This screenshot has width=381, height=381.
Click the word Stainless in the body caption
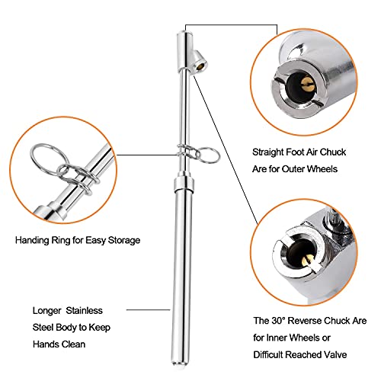click(x=85, y=310)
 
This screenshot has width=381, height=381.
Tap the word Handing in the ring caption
click(x=32, y=240)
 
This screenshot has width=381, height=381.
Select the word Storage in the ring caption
click(x=124, y=240)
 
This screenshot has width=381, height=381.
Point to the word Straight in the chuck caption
click(x=268, y=152)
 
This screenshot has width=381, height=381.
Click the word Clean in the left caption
click(x=73, y=344)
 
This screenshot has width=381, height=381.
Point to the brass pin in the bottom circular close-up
click(x=308, y=261)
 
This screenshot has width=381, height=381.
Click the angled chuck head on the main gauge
click(x=199, y=62)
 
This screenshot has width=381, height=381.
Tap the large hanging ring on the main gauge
click(x=208, y=155)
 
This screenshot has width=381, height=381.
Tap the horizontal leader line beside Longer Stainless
click(x=149, y=310)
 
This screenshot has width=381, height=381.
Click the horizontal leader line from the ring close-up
click(x=146, y=155)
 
